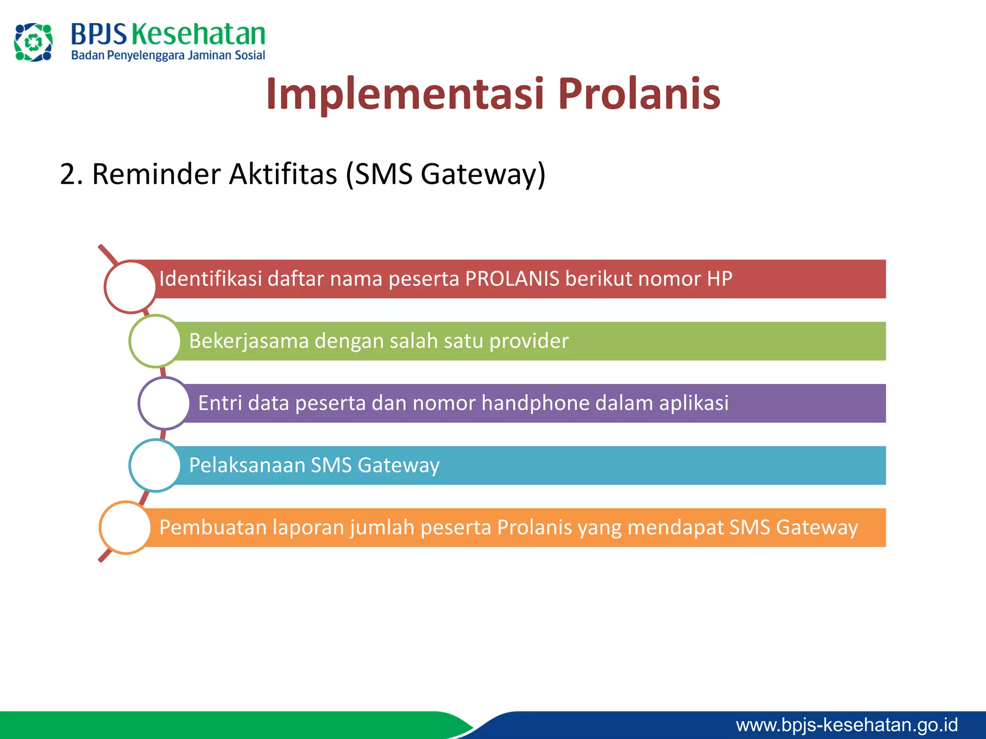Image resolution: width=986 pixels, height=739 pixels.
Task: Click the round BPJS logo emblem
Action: (33, 42)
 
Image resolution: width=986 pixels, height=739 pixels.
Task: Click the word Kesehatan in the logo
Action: (198, 35)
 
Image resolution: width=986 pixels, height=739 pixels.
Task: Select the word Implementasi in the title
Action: (405, 94)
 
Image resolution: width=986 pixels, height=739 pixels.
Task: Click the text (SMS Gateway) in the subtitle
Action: (445, 174)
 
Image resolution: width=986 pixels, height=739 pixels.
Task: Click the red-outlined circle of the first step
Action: (130, 287)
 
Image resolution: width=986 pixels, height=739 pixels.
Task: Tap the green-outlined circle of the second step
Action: (155, 341)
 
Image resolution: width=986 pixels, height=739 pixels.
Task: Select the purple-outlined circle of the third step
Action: (164, 403)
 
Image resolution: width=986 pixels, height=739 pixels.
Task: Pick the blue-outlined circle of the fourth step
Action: (155, 465)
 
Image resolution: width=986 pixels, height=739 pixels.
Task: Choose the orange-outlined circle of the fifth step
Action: (125, 527)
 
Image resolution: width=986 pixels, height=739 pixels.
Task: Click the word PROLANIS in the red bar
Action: (512, 279)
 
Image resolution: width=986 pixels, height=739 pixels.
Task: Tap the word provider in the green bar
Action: (529, 341)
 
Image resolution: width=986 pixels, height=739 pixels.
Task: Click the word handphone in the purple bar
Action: (535, 403)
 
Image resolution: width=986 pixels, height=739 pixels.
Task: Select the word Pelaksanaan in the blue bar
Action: (247, 465)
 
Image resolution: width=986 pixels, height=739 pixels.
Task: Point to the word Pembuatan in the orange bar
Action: (213, 527)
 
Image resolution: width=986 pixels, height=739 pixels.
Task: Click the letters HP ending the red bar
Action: (719, 279)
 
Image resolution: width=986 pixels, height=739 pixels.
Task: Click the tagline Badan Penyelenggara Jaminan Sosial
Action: (168, 56)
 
